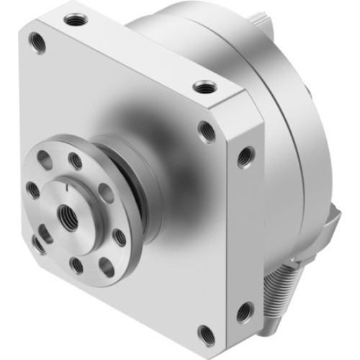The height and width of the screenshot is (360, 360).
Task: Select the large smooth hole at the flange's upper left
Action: [x=45, y=163]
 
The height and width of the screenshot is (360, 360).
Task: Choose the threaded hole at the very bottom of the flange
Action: [x=76, y=266]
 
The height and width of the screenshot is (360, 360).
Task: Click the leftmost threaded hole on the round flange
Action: [x=32, y=190]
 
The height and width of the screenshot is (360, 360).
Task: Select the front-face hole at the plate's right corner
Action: [x=207, y=131]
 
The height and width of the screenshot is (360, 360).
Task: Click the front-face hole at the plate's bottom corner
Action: [x=207, y=333]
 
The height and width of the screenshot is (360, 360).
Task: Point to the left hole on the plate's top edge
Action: [x=75, y=17]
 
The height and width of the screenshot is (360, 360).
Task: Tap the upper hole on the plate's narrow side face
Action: [x=246, y=153]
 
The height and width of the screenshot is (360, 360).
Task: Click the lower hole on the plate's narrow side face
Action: [x=244, y=312]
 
